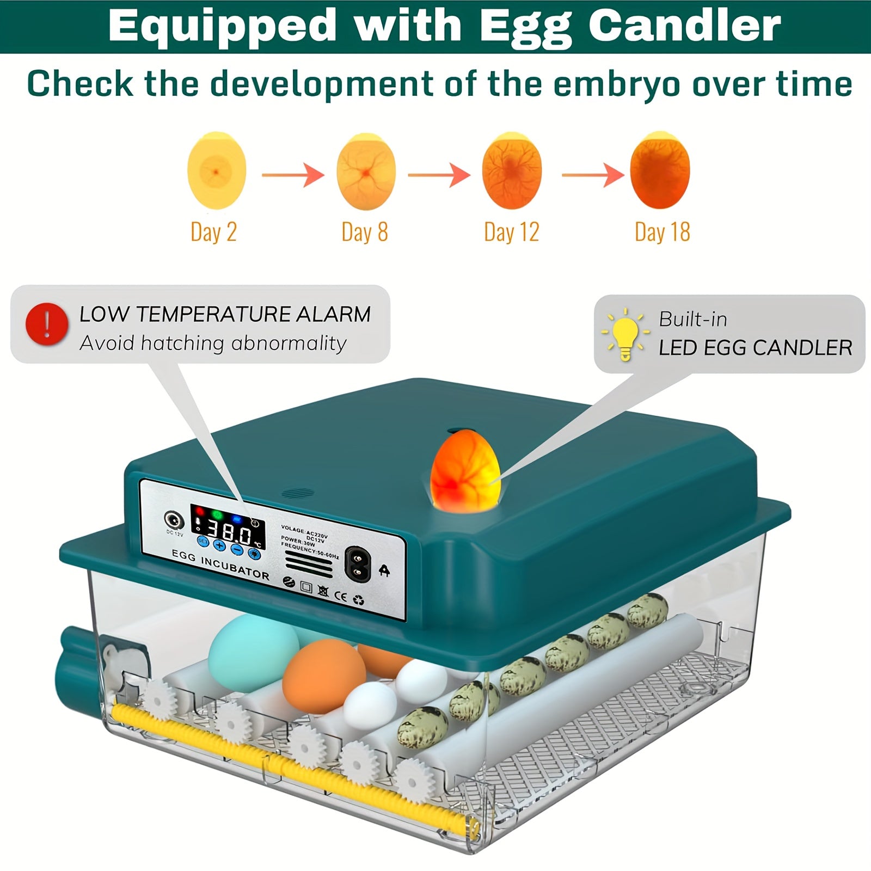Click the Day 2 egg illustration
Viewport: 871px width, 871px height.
point(217,171)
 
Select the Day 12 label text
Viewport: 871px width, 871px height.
point(512,232)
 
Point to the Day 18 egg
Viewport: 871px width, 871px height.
point(660,171)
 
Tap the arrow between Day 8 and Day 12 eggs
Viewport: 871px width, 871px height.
point(439,175)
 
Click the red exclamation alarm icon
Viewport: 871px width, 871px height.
point(47,324)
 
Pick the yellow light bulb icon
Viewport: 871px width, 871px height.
point(625,334)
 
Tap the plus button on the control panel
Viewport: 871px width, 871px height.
point(219,545)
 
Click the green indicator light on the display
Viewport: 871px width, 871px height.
point(217,514)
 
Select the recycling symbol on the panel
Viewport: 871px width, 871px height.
point(359,600)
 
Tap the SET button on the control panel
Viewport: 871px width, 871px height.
point(203,541)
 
